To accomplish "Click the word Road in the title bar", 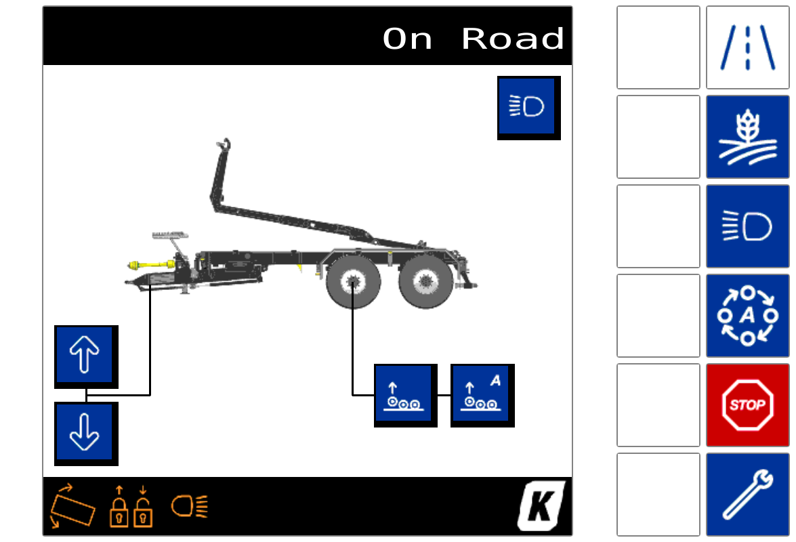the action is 513,39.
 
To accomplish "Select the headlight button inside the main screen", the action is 528,107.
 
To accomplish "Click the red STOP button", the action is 747,404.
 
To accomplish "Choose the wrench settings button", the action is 747,495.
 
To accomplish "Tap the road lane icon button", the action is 747,47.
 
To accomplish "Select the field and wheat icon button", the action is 747,136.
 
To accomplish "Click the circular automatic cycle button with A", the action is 747,315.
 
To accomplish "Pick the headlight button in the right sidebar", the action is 747,226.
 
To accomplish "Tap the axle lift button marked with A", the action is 482,395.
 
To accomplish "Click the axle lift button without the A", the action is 404,395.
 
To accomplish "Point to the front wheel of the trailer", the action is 353,282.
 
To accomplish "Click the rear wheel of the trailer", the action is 426,282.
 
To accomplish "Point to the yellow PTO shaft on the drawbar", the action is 151,264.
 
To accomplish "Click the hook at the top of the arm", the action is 224,144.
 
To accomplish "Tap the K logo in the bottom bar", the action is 541,505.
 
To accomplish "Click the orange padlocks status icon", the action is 131,507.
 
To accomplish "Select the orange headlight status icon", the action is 190,506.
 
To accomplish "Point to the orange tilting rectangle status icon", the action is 72,507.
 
